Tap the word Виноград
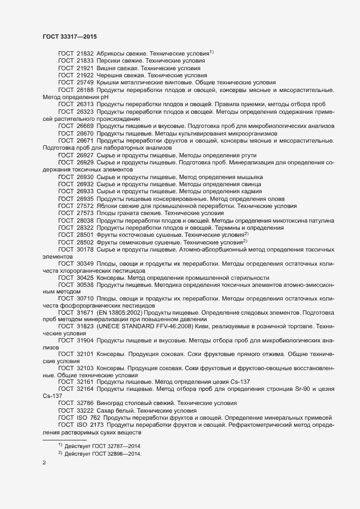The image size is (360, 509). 112,402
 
